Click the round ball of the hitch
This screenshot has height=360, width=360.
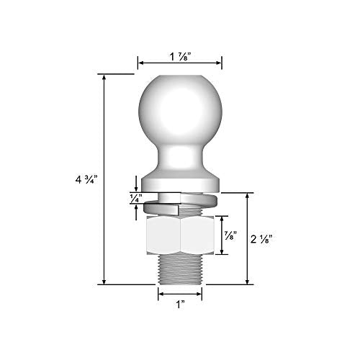coord(179,107)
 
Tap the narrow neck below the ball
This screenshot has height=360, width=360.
coord(179,155)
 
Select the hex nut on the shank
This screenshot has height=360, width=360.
coord(179,235)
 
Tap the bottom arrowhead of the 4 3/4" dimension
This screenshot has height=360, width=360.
coord(104,283)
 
